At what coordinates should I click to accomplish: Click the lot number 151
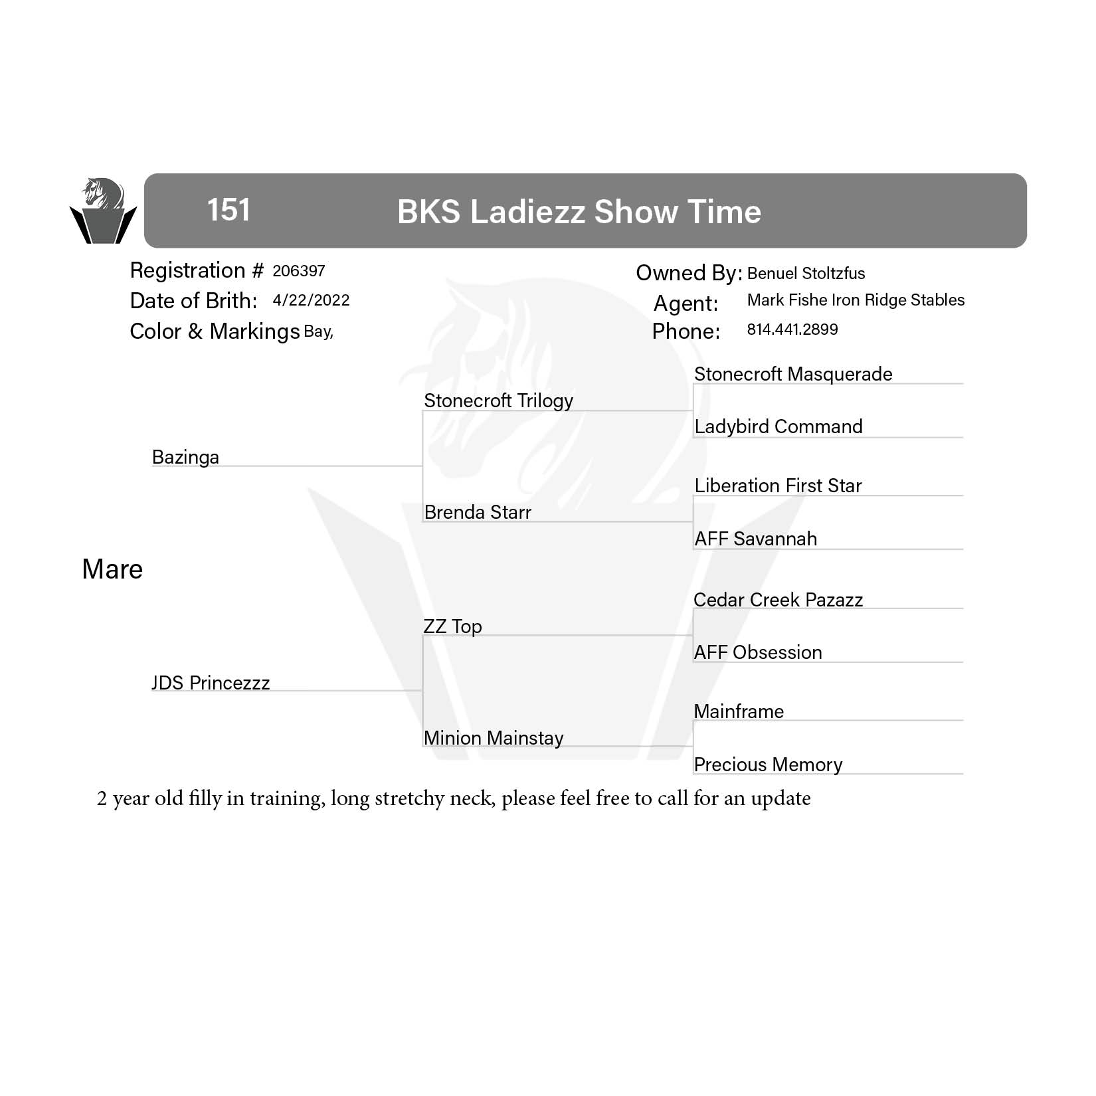click(228, 210)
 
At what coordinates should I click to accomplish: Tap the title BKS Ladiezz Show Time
click(579, 212)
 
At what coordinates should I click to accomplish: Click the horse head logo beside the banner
click(103, 210)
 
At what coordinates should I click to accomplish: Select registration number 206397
click(299, 271)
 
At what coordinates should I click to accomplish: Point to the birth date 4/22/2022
click(311, 300)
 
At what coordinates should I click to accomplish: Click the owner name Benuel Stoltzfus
click(806, 273)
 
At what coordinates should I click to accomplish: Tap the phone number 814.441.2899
click(792, 329)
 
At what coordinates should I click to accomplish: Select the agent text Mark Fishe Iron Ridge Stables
click(856, 300)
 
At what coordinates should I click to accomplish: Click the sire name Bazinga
click(185, 457)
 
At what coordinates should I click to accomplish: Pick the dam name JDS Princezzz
click(211, 683)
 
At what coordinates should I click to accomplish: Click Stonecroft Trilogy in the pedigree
click(498, 401)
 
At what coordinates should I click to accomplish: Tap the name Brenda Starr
click(478, 512)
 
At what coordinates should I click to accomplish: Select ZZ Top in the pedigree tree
click(452, 626)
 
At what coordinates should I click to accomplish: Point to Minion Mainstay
click(494, 738)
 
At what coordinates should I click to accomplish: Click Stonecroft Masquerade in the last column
click(793, 374)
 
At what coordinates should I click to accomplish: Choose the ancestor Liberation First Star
click(778, 486)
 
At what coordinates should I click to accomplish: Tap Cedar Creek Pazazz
click(778, 600)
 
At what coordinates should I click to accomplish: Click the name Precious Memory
click(768, 765)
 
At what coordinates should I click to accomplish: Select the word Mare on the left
click(112, 569)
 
